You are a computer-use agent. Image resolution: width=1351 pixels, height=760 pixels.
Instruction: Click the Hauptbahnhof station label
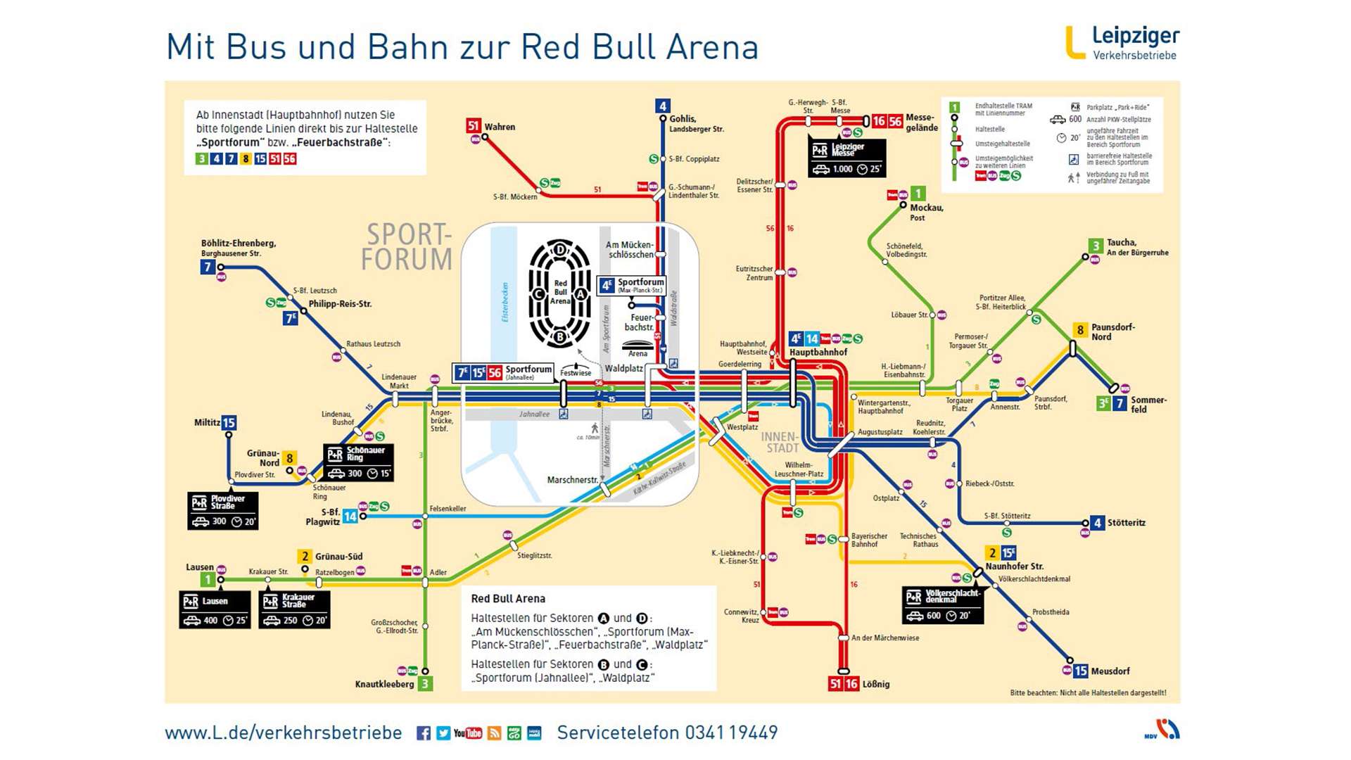coord(818,353)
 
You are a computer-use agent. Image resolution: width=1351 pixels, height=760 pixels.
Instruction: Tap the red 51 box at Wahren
coord(474,126)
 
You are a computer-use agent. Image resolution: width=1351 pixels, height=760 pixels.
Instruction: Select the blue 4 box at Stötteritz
coord(1097,523)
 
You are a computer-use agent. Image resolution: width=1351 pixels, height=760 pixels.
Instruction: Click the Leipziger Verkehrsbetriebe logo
coord(1123,43)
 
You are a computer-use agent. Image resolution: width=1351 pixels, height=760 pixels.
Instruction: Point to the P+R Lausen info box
coord(215,609)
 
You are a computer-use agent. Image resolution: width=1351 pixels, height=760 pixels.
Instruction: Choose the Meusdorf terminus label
coord(1110,671)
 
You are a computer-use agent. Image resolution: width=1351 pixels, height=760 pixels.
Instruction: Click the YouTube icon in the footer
coord(468,733)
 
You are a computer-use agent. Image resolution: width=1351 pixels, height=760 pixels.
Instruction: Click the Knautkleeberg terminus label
coord(384,684)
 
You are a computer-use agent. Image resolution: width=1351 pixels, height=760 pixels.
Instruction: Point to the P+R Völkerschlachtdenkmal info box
coord(943,605)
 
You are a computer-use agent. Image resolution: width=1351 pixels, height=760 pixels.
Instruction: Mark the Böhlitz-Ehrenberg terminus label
coord(238,247)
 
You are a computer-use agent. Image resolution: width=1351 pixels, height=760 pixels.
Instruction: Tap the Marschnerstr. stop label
coord(572,480)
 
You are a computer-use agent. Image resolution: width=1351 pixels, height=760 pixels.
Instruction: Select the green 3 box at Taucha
coord(1096,246)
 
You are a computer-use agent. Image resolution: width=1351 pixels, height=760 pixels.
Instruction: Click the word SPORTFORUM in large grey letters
coord(407,247)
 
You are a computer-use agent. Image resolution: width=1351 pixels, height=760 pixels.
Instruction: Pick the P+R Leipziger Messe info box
coord(846,158)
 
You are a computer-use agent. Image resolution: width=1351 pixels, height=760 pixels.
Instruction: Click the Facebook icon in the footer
coord(424,733)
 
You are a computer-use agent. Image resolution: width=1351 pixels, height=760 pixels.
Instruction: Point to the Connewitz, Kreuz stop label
coord(741,616)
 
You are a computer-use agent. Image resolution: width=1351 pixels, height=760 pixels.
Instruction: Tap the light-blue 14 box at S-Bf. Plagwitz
coord(350,517)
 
